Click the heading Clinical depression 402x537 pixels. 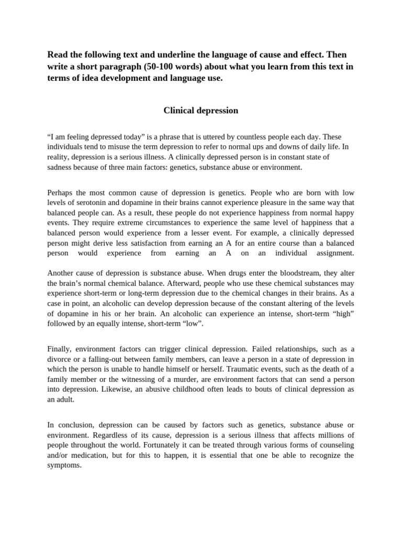click(200, 111)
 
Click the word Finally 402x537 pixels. click(59, 349)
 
